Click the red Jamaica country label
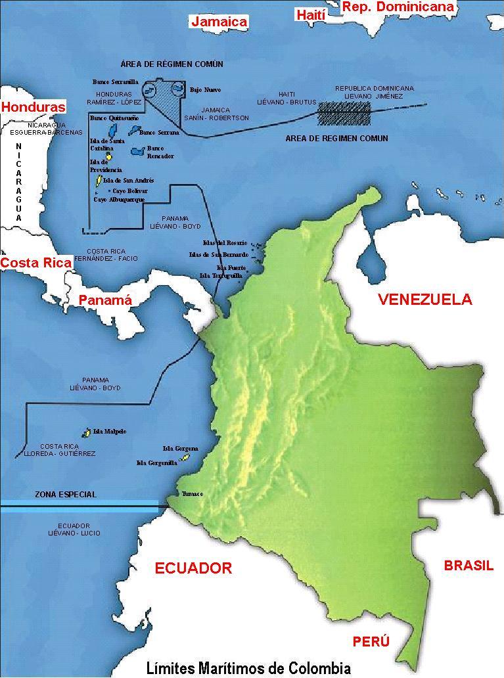(x=219, y=22)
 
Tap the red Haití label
(x=311, y=14)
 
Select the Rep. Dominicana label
(x=398, y=7)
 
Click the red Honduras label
(x=34, y=107)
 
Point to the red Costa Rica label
(x=35, y=263)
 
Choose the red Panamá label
(x=105, y=300)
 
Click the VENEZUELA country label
(x=424, y=300)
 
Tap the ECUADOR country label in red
(x=193, y=568)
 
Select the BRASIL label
(x=469, y=566)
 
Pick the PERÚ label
(x=371, y=641)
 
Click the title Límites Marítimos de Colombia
(x=248, y=668)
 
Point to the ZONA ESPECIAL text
(x=66, y=495)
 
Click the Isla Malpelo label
(x=110, y=432)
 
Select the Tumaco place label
(x=193, y=493)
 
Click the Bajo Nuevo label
(x=205, y=89)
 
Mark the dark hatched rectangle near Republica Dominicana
(x=345, y=113)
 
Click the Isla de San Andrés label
(x=128, y=180)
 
